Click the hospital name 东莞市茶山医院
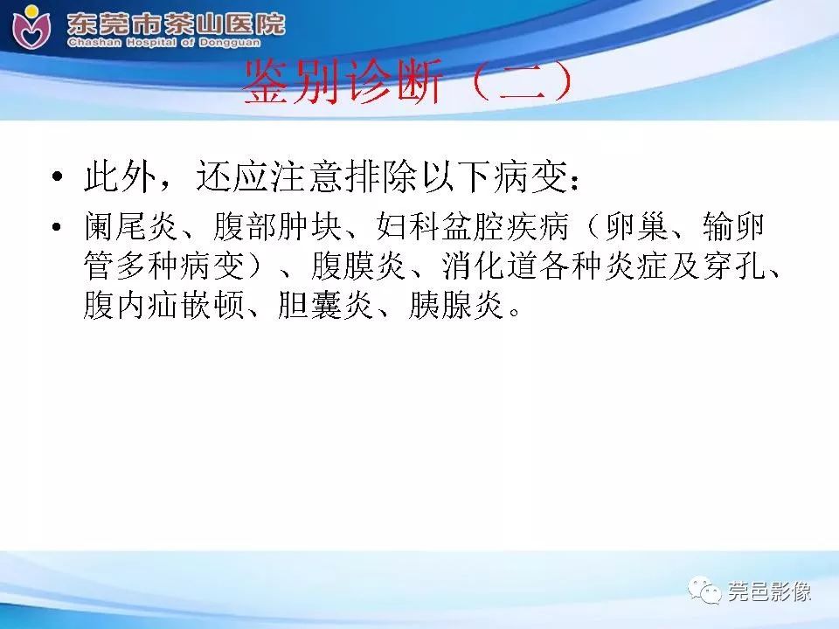pos(175,20)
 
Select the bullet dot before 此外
pos(58,179)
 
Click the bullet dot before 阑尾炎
pos(58,229)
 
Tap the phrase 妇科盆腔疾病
pos(473,229)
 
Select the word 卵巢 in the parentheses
pos(637,229)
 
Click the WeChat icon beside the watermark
pos(705,591)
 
